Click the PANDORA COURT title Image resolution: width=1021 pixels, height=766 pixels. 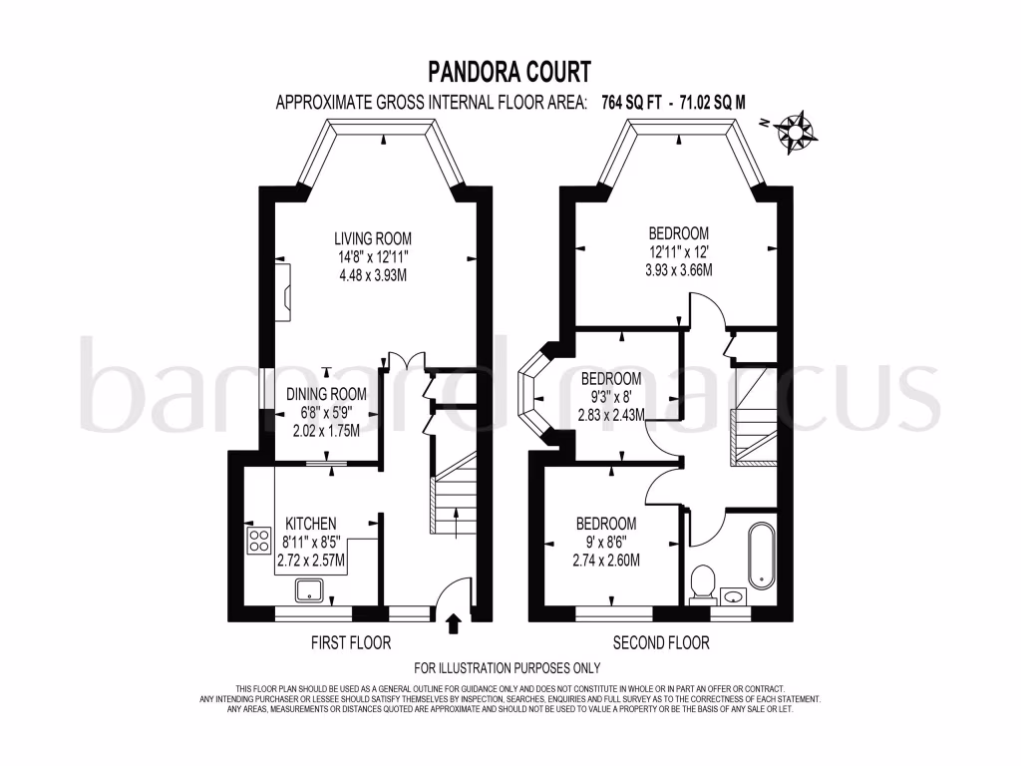click(x=510, y=72)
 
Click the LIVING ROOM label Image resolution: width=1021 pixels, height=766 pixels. click(x=373, y=238)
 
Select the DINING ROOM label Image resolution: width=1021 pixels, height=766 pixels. click(x=326, y=394)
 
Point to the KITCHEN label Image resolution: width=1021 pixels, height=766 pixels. click(x=311, y=524)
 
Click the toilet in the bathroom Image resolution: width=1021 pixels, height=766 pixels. click(x=703, y=581)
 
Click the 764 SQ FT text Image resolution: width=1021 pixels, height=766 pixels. click(x=631, y=102)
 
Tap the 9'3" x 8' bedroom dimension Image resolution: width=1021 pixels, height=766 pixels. click(x=610, y=397)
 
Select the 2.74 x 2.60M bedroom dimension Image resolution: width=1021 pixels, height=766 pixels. click(x=605, y=561)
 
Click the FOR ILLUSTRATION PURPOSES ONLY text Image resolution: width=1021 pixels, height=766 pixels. click(x=508, y=668)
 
